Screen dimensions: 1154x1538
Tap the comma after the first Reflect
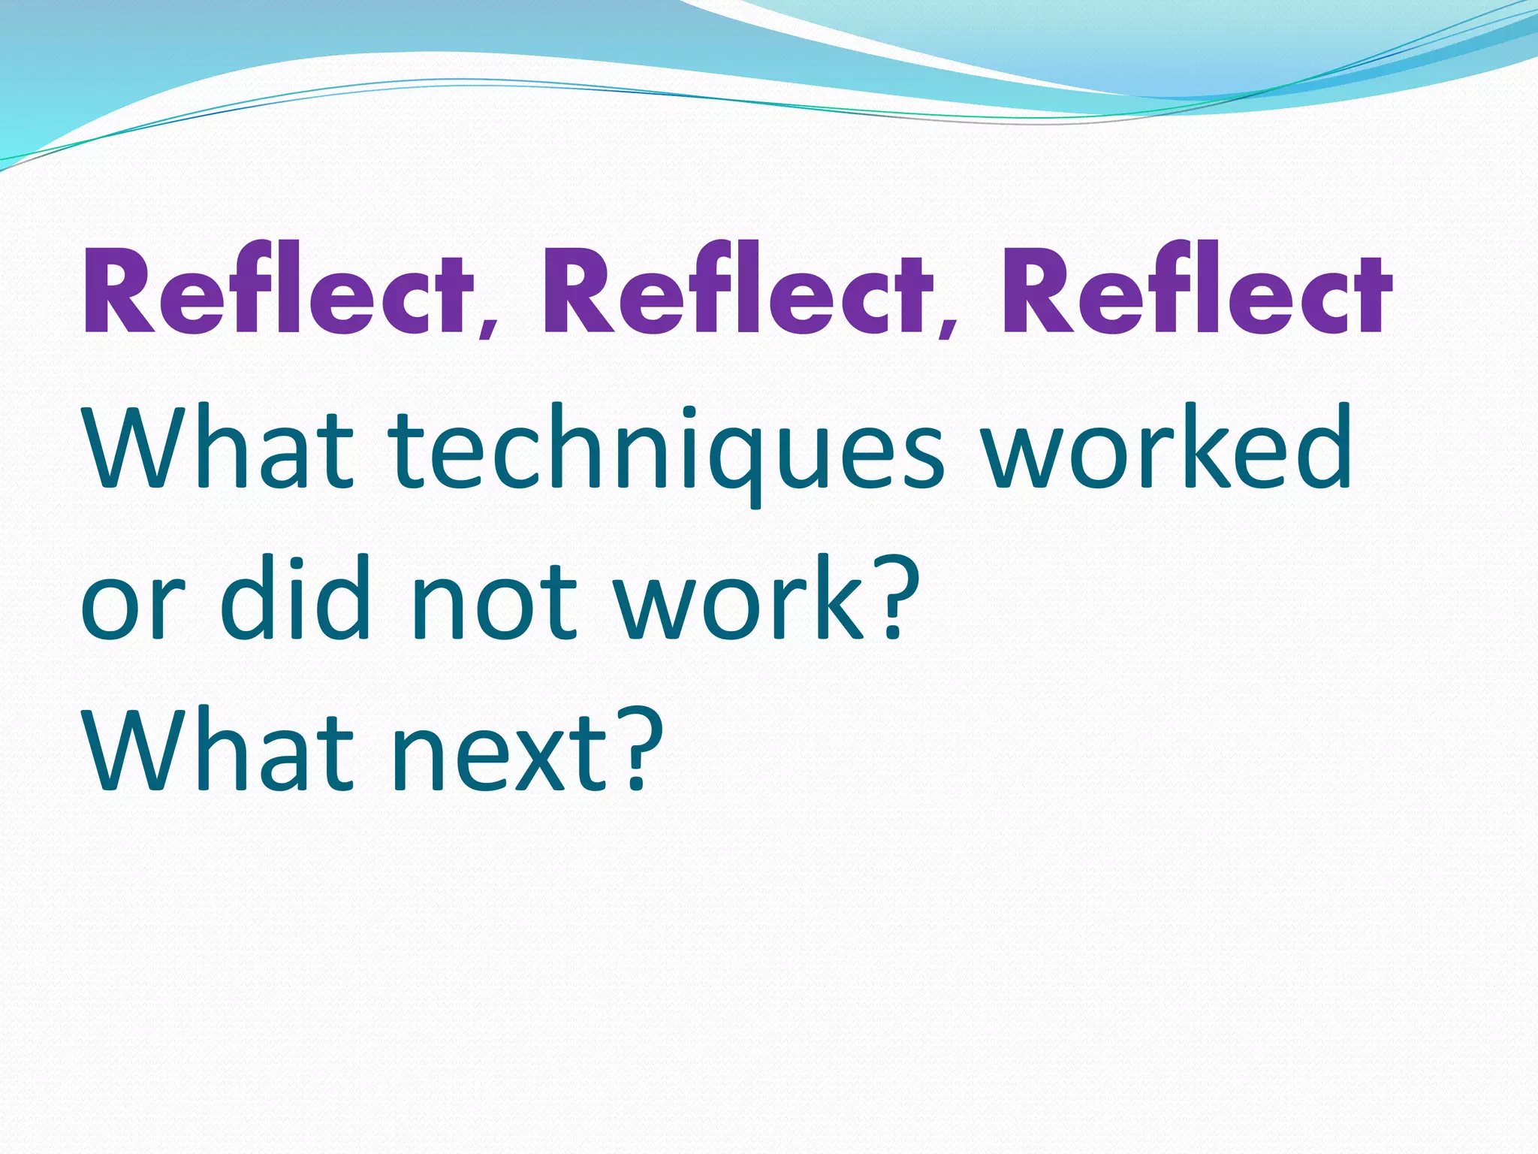click(490, 324)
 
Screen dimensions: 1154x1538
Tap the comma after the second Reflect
click(949, 324)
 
